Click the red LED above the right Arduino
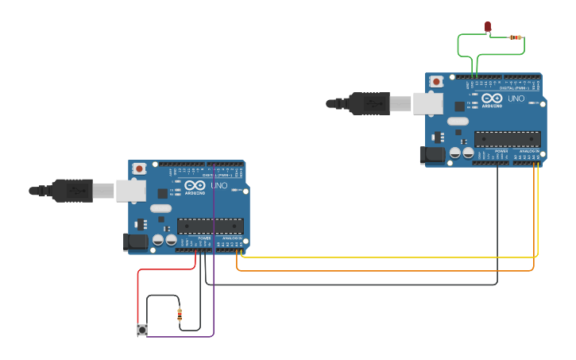coord(488,28)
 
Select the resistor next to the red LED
coord(515,37)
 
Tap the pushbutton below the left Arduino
coord(142,330)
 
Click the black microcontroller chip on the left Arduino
coord(210,226)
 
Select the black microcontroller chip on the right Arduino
coord(507,139)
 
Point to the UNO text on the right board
coord(516,99)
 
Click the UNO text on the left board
coord(219,185)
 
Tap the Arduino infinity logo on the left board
coord(195,186)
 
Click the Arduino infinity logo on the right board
coord(492,99)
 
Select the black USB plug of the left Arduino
coord(72,191)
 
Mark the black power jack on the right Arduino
coord(433,155)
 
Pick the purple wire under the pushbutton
coord(183,337)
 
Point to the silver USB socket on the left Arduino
coord(131,190)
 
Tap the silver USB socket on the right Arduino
coord(427,103)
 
